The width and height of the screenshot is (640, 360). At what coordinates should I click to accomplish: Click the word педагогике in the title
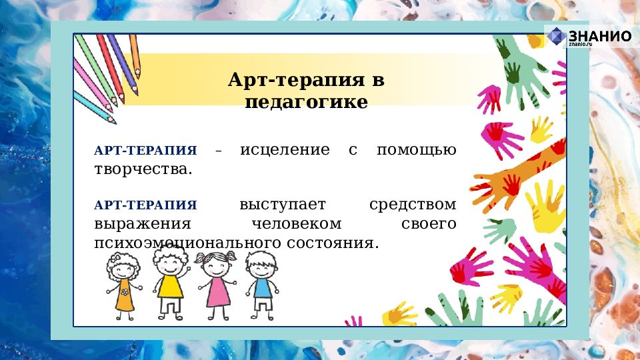click(306, 103)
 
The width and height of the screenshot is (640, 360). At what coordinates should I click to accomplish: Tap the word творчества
click(143, 169)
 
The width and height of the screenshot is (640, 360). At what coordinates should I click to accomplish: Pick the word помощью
click(417, 149)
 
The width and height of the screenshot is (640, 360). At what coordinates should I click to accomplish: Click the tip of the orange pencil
click(138, 75)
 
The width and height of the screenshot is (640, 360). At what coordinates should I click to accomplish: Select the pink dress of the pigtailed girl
click(217, 291)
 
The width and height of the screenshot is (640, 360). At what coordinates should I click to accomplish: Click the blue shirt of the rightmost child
click(262, 287)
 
